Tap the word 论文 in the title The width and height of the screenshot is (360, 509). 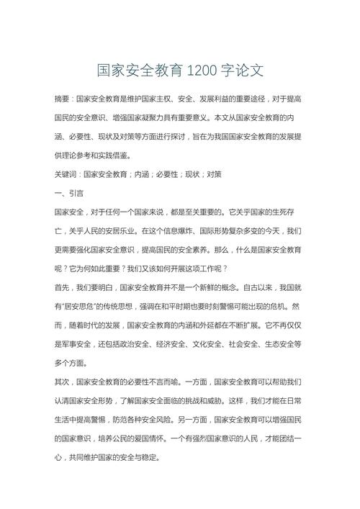pyautogui.click(x=251, y=71)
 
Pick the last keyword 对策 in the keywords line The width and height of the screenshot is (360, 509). pyautogui.click(x=214, y=174)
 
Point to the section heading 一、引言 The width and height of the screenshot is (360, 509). pyautogui.click(x=69, y=194)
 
